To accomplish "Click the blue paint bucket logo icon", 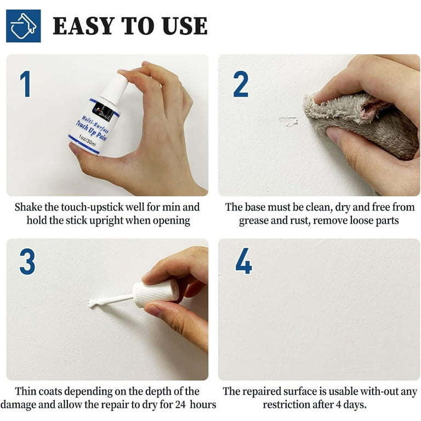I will coord(23,26).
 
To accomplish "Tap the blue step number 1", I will coord(25,84).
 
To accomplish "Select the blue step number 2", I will coord(241,84).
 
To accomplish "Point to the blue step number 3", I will coord(27,261).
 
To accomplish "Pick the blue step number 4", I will coord(243,261).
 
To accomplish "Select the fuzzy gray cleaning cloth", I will coord(356,123).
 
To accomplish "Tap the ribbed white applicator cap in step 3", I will coord(156,293).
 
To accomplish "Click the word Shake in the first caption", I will coord(28,207).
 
